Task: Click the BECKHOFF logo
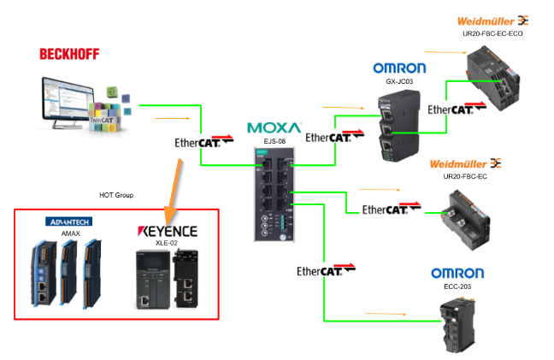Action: click(69, 54)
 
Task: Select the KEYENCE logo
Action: click(168, 231)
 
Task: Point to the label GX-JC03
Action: click(398, 81)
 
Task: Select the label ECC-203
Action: click(457, 287)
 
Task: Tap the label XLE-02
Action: click(168, 243)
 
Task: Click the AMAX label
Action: click(69, 233)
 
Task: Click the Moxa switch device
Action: click(274, 192)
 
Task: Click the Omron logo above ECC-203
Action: click(457, 273)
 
